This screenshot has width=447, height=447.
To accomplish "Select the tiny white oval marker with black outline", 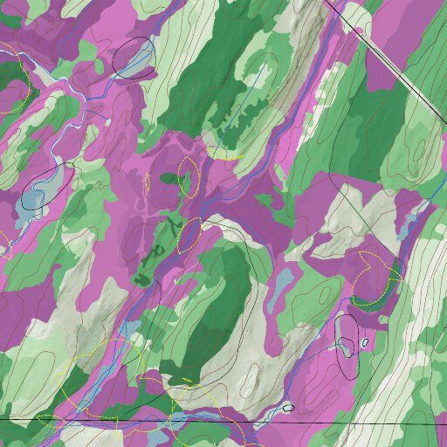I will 364,342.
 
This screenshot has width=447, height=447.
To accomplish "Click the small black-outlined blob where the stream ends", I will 288,407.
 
